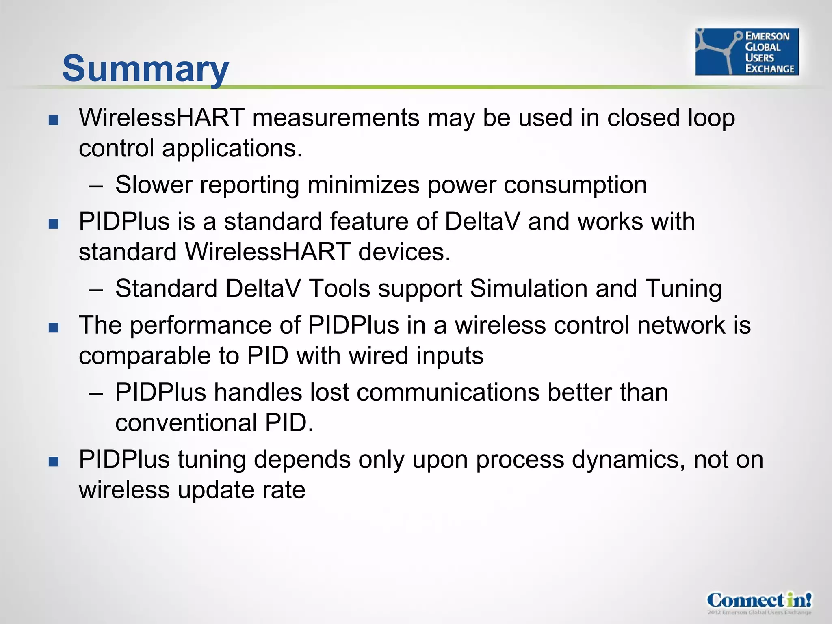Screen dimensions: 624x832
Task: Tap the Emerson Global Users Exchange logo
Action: pyautogui.click(x=747, y=52)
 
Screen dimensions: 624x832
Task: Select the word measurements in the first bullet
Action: pyautogui.click(x=336, y=118)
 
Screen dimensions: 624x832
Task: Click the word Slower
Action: pyautogui.click(x=154, y=185)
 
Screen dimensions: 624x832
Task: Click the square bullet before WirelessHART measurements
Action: pyautogui.click(x=54, y=120)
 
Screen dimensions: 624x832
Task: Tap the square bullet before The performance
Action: pyautogui.click(x=54, y=327)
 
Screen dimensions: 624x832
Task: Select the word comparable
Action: pyautogui.click(x=145, y=356)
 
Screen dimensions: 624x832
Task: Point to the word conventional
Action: pyautogui.click(x=186, y=423)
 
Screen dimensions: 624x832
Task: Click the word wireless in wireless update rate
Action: pyautogui.click(x=124, y=490)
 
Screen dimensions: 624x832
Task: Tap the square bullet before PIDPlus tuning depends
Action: pyautogui.click(x=54, y=461)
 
